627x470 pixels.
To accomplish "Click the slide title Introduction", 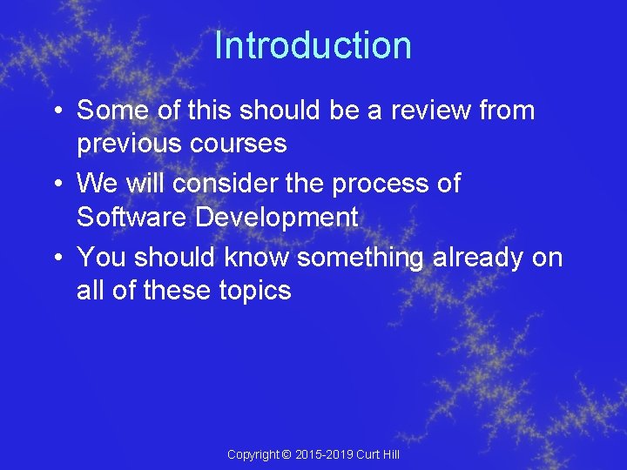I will click(313, 45).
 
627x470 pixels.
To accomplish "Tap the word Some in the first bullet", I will click(111, 111).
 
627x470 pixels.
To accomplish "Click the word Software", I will click(131, 217).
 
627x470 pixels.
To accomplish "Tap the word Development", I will click(277, 217).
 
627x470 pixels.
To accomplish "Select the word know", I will click(258, 258).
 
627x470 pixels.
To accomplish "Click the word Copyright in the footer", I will click(253, 454).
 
